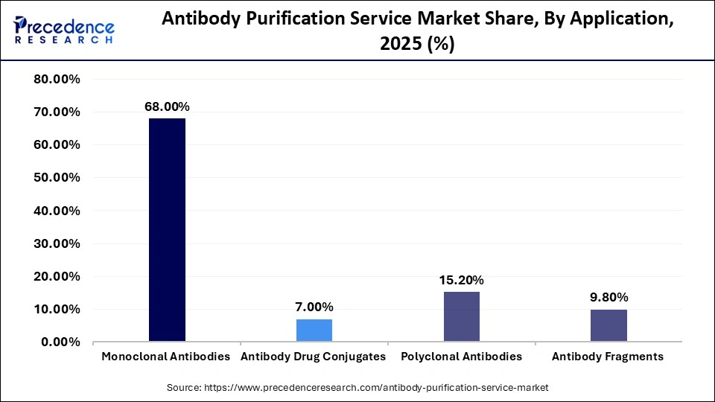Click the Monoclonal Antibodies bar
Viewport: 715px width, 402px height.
tap(167, 230)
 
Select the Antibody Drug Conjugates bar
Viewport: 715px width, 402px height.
tap(314, 331)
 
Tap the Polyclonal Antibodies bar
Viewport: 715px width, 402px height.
tap(461, 317)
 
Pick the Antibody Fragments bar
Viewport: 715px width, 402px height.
tap(608, 326)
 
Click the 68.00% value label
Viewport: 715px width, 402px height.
tap(167, 107)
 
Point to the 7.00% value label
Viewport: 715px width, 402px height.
tap(314, 307)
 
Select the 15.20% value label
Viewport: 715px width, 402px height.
tap(461, 281)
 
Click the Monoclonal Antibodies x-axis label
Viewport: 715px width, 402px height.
tap(165, 357)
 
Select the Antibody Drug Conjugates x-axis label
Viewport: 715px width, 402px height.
tap(314, 357)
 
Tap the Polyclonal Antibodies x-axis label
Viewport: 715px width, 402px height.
tap(461, 357)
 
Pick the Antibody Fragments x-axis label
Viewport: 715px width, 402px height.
tap(608, 357)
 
